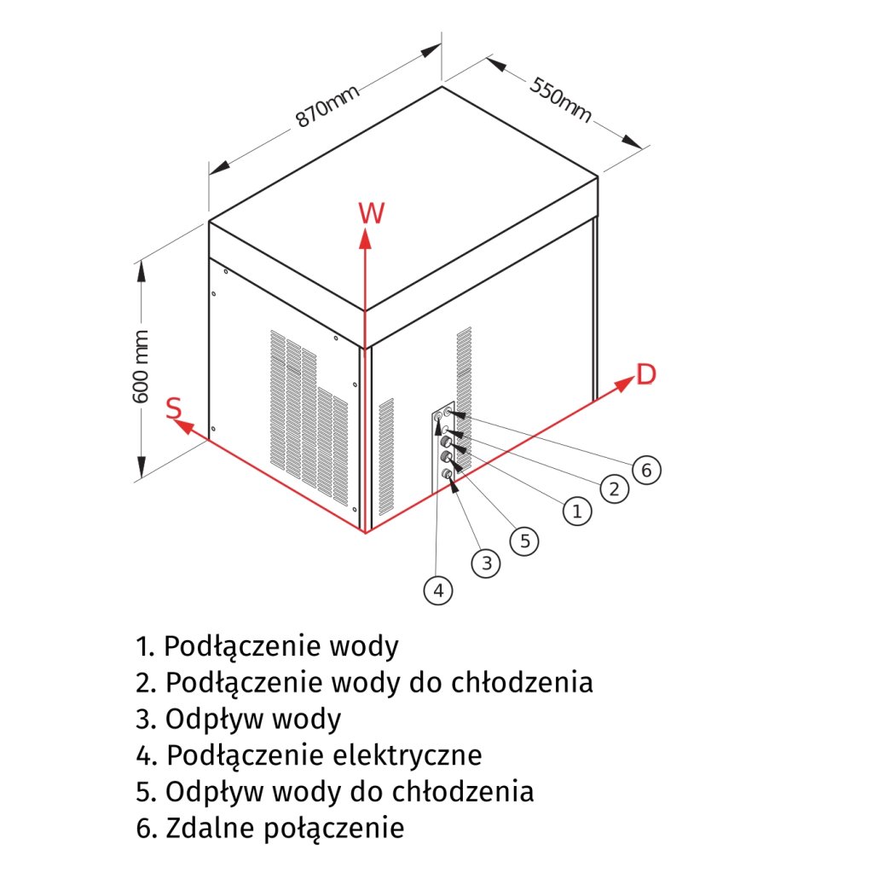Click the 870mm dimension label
[327, 107]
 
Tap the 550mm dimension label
[561, 100]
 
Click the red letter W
[371, 212]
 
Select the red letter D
[647, 374]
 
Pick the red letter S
[174, 408]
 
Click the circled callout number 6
[646, 470]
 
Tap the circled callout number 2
[613, 489]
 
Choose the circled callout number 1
[577, 511]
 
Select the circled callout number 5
[525, 541]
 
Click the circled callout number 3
[486, 563]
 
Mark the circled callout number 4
[438, 590]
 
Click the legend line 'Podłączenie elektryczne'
[309, 755]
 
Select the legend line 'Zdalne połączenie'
[269, 827]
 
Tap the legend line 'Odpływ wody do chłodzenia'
[335, 791]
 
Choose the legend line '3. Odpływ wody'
[238, 720]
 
